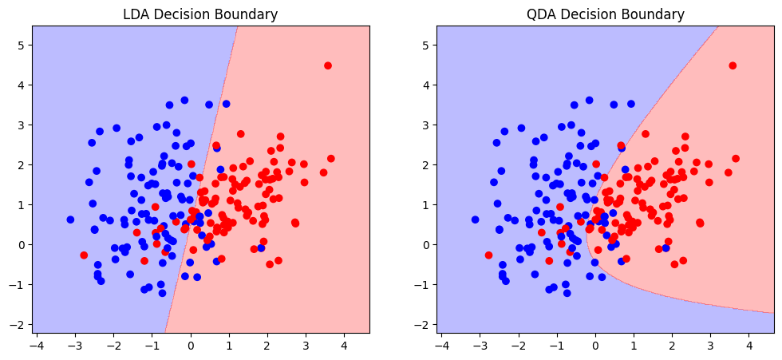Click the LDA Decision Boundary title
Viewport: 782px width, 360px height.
pos(200,14)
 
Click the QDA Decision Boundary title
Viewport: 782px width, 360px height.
pos(605,14)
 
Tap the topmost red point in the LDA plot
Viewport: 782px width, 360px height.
pos(328,65)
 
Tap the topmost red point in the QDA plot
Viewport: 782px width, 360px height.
pos(733,65)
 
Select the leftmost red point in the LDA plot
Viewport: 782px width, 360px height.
pos(84,255)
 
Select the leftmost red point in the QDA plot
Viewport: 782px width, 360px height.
pos(488,255)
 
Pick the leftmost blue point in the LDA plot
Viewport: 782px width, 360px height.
pos(70,220)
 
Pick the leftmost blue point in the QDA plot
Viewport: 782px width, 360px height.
pos(475,220)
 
